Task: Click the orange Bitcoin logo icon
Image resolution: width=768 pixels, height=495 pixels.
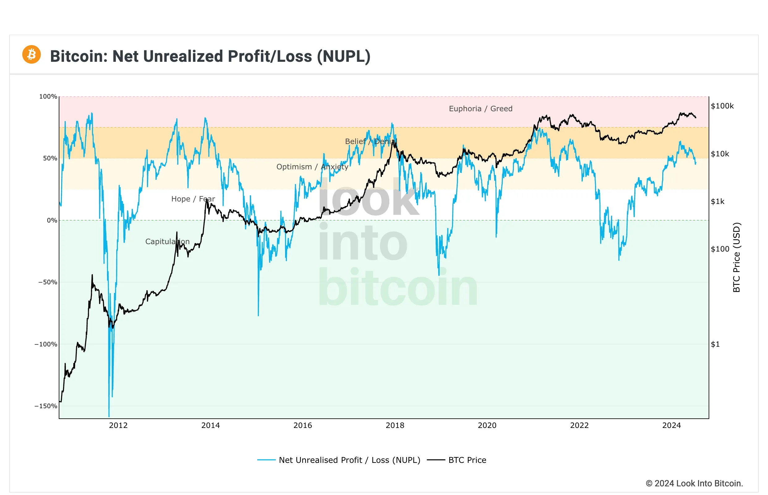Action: click(x=32, y=55)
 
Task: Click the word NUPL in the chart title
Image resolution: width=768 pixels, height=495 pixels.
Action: click(x=343, y=57)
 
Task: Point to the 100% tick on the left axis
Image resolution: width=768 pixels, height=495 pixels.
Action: click(x=48, y=96)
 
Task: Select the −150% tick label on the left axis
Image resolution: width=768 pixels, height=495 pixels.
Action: click(x=46, y=406)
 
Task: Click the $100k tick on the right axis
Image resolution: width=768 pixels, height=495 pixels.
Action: click(x=722, y=106)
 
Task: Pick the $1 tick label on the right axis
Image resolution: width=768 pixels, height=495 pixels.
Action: click(x=715, y=344)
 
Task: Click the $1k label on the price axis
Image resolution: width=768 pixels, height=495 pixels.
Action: click(x=718, y=201)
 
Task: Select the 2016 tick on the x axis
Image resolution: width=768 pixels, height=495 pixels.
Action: click(x=303, y=425)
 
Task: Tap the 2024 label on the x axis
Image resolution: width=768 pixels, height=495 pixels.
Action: click(x=672, y=425)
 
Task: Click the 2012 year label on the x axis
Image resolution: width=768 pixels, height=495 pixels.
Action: click(x=118, y=425)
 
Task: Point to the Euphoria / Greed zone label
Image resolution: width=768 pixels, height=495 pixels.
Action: click(x=480, y=109)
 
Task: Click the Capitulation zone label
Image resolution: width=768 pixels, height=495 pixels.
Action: click(x=167, y=242)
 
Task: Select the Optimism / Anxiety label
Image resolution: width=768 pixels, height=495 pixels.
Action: click(x=312, y=167)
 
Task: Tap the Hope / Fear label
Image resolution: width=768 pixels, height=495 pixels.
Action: click(x=193, y=199)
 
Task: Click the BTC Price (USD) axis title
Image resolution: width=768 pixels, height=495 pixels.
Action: click(x=736, y=257)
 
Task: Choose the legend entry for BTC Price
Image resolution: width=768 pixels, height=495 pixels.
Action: click(x=467, y=460)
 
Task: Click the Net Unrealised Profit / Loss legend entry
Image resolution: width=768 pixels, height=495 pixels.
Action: click(x=349, y=460)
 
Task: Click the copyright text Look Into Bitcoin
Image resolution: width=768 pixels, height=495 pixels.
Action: click(x=694, y=484)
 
